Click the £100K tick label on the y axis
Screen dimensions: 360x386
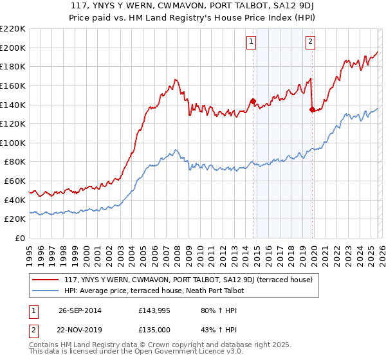pos(13,143)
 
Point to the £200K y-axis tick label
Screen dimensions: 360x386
pos(13,48)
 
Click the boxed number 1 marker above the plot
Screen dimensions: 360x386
pos(250,42)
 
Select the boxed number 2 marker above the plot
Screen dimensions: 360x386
pos(310,42)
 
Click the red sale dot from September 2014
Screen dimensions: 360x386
pos(253,101)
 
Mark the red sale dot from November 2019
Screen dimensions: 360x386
pos(312,109)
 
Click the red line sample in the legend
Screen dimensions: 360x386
pos(46,280)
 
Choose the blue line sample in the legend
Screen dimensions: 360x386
pos(46,291)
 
